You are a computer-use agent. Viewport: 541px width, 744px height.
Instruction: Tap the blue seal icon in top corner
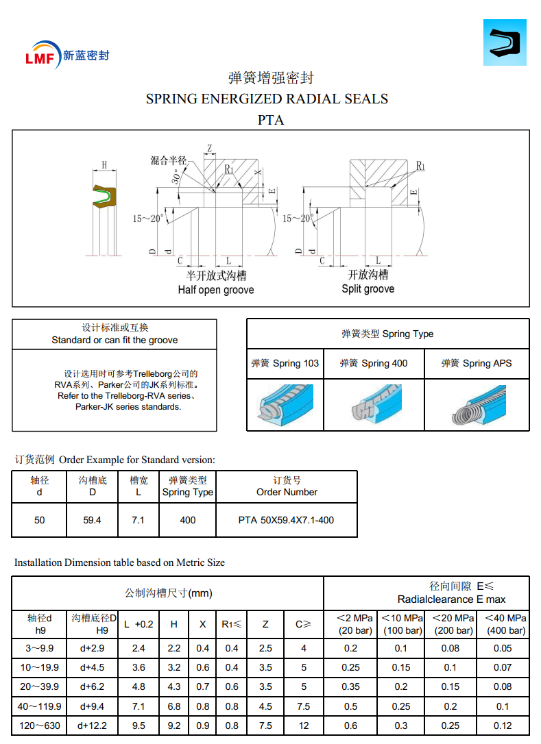click(505, 42)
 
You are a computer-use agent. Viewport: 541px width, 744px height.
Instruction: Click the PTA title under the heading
click(271, 120)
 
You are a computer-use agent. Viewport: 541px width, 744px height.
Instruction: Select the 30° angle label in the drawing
click(177, 176)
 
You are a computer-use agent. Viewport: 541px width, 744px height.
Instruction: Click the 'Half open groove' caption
click(216, 290)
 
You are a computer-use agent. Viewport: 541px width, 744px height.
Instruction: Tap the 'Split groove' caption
click(368, 289)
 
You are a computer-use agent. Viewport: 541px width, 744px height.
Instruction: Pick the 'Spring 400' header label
click(374, 363)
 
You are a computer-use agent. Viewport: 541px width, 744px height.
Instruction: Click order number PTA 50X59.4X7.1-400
click(287, 520)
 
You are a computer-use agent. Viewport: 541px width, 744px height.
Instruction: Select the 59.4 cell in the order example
click(93, 520)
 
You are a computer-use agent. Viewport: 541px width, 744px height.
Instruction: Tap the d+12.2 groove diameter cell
click(92, 725)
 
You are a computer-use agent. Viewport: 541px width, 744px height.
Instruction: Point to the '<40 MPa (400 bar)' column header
click(506, 624)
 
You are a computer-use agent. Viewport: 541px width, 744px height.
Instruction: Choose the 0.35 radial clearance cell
click(350, 686)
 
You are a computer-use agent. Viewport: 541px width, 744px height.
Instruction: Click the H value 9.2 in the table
click(174, 725)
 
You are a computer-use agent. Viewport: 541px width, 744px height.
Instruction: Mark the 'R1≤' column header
click(232, 624)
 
